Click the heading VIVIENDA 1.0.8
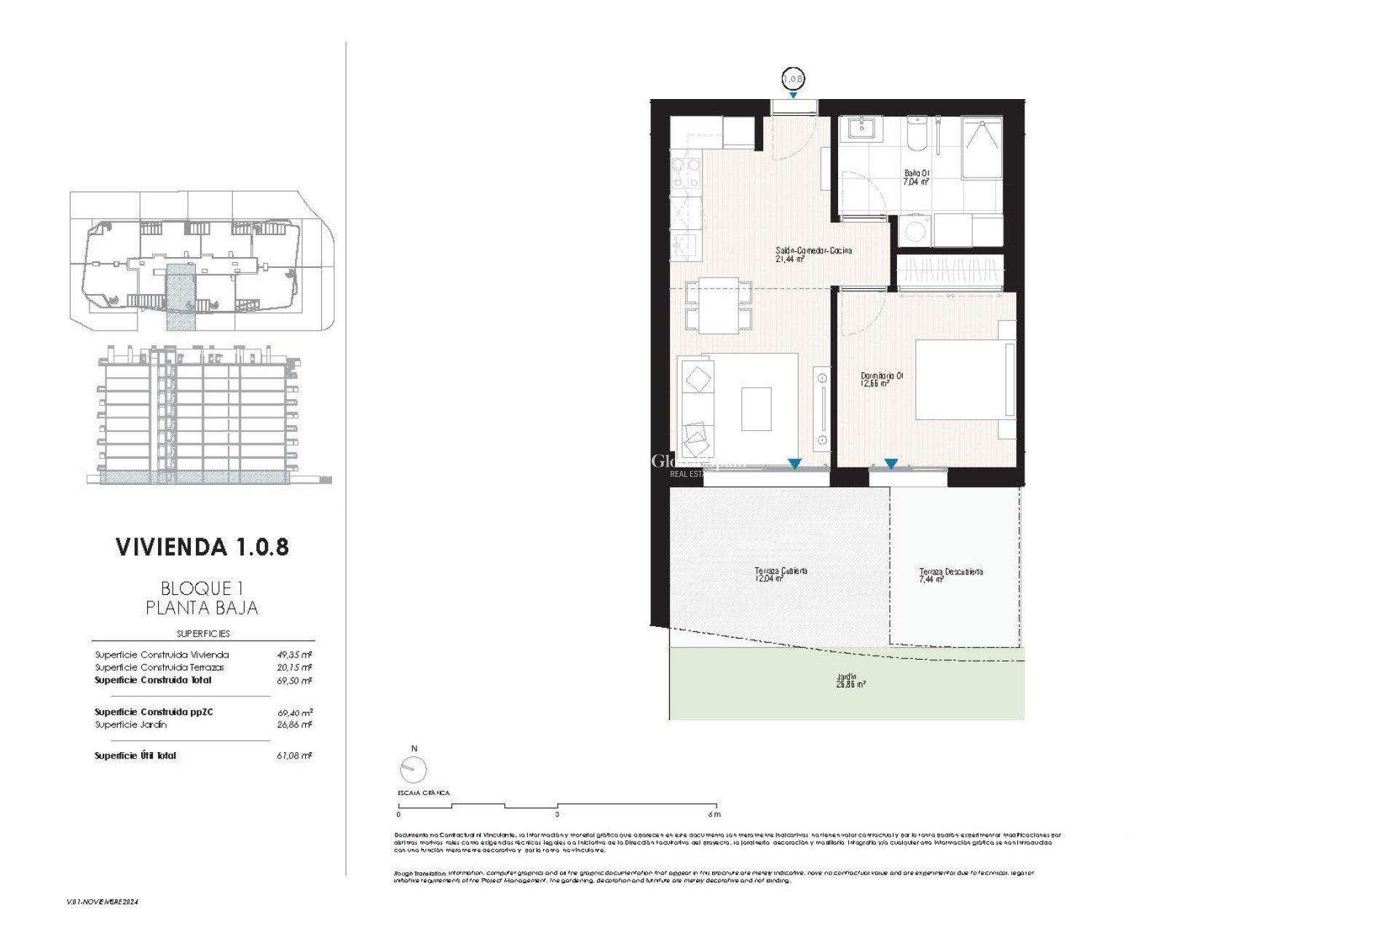click(202, 548)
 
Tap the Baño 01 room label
click(917, 178)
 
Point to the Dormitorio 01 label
click(882, 379)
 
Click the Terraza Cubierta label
click(781, 575)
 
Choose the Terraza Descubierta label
click(950, 575)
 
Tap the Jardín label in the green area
click(850, 680)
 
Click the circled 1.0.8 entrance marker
click(793, 77)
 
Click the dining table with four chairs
click(719, 306)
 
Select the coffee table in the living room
click(756, 409)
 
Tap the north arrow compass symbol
click(414, 767)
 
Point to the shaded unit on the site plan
click(180, 297)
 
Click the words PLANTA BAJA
click(202, 607)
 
